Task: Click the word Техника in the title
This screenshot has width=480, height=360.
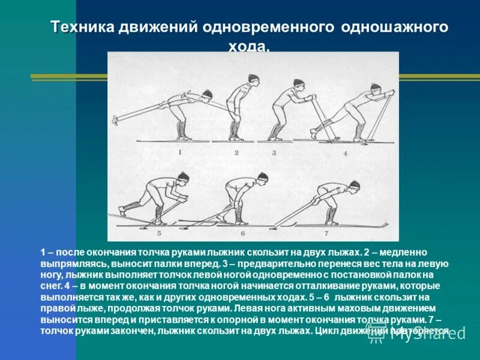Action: [82, 28]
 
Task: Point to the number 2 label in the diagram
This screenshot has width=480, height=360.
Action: [236, 152]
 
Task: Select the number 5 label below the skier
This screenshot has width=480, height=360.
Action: [159, 232]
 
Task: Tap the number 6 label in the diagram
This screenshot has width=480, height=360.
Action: [243, 232]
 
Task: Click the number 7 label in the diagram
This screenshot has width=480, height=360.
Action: [326, 232]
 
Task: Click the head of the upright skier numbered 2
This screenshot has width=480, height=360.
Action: [253, 80]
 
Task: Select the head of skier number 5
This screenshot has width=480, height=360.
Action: [182, 178]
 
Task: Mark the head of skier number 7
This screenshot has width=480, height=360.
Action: [354, 185]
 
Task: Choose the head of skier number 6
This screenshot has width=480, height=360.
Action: [262, 178]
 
